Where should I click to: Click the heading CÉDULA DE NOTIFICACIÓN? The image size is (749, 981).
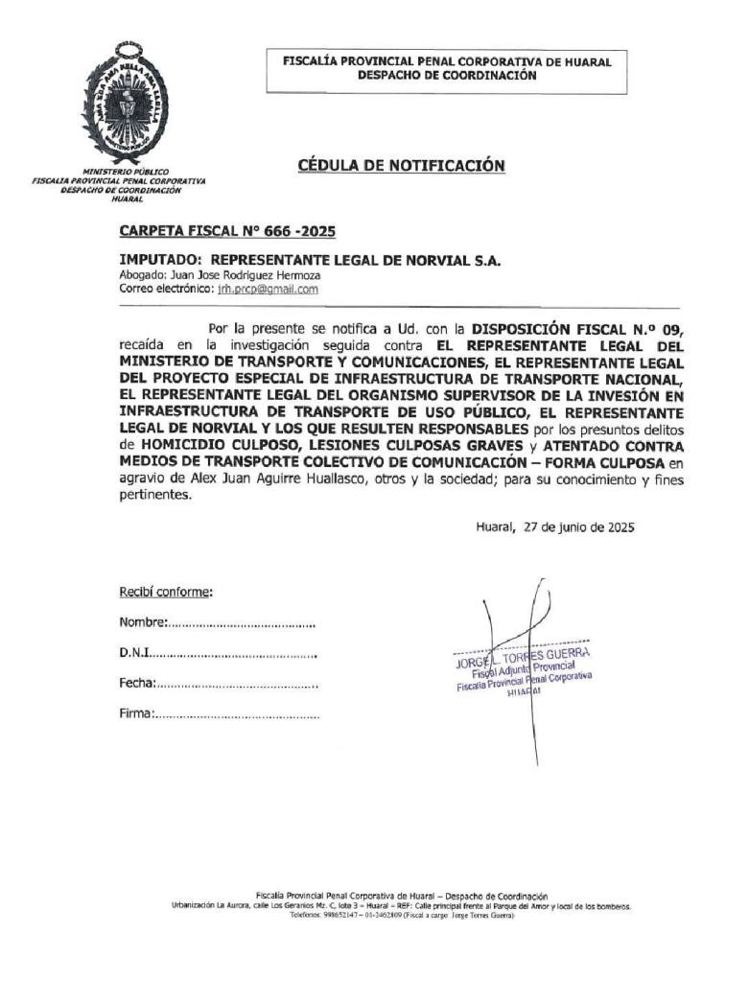[x=401, y=166]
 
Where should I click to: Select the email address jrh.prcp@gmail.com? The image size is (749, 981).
[x=268, y=288]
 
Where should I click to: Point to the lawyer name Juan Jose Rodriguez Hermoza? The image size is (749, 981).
[x=239, y=275]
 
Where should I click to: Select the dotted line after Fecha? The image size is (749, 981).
[x=236, y=685]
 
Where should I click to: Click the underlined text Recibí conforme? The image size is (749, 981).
[x=165, y=593]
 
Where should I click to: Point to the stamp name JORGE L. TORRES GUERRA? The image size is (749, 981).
[x=522, y=658]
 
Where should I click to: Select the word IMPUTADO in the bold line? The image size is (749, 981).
[x=159, y=260]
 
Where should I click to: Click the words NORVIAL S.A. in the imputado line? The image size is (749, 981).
[x=459, y=260]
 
